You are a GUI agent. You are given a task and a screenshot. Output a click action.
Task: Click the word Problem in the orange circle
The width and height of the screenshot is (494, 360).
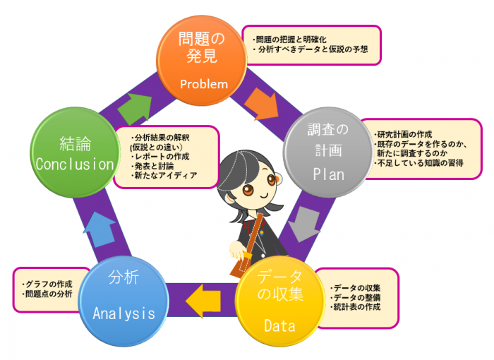pyautogui.click(x=203, y=84)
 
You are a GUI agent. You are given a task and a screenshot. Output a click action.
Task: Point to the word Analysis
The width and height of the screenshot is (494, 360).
pyautogui.click(x=123, y=313)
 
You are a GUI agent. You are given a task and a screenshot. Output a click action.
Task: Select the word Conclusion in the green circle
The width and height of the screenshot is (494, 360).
pyautogui.click(x=75, y=164)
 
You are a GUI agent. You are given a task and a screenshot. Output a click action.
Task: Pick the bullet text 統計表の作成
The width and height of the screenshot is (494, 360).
pyautogui.click(x=358, y=308)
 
